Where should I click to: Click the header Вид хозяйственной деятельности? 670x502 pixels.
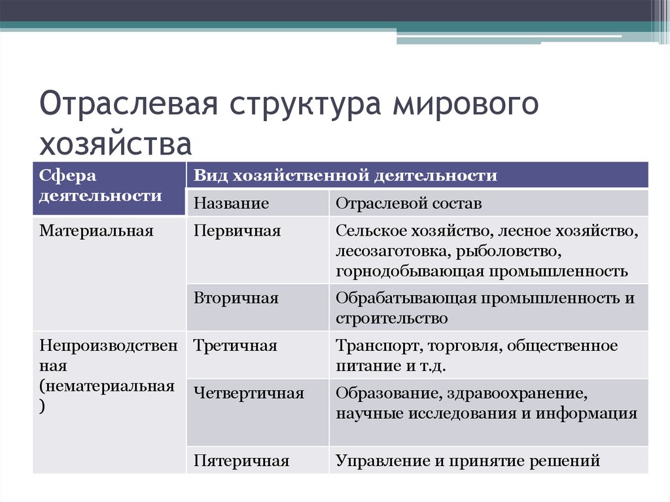coord(345,175)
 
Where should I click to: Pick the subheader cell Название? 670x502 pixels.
coord(231,204)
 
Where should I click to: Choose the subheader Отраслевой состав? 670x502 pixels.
coord(409,204)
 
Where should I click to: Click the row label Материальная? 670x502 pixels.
coord(96,231)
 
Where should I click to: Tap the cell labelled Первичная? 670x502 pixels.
coord(237,231)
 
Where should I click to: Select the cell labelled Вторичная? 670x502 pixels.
coord(236,298)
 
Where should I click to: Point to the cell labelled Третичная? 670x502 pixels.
coord(236,346)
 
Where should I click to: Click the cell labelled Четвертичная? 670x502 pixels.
coord(249,393)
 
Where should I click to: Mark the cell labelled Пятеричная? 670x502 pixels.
coord(241,461)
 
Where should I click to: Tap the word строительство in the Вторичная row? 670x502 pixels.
coord(392,319)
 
